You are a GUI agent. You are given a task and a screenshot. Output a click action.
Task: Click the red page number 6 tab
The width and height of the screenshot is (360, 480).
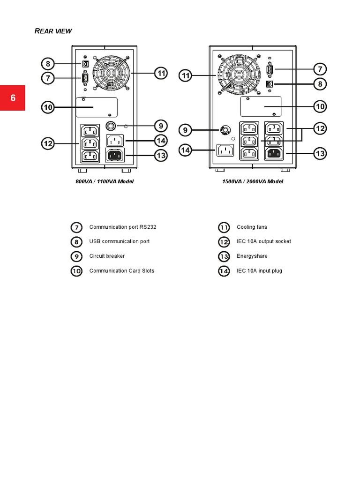pos(13,98)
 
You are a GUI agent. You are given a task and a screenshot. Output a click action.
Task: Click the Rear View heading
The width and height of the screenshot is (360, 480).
pos(53,31)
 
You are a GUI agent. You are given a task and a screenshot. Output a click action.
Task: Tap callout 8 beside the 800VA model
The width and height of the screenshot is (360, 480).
pos(48,64)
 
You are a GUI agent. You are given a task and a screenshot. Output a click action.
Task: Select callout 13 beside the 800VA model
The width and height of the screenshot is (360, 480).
pos(160,156)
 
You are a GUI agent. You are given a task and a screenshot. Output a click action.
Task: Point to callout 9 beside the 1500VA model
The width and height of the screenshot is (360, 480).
pos(186,130)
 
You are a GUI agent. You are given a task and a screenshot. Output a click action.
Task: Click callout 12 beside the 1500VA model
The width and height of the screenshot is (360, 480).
pos(320,128)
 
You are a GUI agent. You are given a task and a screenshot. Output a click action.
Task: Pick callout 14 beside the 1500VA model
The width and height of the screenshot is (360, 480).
pos(186,150)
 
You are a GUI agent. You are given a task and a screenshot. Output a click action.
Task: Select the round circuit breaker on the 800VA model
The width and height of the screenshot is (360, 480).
pos(111,126)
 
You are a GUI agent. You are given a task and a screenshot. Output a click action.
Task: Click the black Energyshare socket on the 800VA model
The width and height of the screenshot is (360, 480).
pos(116,155)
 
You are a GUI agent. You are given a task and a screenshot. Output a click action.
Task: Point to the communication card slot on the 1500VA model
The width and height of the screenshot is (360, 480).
pos(260,106)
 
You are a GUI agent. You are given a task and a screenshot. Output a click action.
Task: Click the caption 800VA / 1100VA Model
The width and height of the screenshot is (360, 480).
pos(105,181)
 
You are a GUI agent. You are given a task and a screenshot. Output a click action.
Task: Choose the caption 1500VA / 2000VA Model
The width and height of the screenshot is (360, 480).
pos(253,181)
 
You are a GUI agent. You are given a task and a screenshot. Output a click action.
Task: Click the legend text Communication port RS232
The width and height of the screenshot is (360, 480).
pos(123,227)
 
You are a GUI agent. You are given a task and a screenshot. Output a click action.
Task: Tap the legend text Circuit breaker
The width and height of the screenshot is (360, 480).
pos(107,256)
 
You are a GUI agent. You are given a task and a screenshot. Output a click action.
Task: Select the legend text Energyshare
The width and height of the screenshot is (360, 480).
pos(252,256)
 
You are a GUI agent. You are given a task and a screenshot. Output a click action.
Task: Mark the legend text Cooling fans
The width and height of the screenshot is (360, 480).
pos(252,227)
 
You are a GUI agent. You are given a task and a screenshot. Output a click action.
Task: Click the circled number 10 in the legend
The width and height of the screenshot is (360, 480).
pos(76,271)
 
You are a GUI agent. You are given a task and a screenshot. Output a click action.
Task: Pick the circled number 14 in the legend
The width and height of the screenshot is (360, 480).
pos(224,271)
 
